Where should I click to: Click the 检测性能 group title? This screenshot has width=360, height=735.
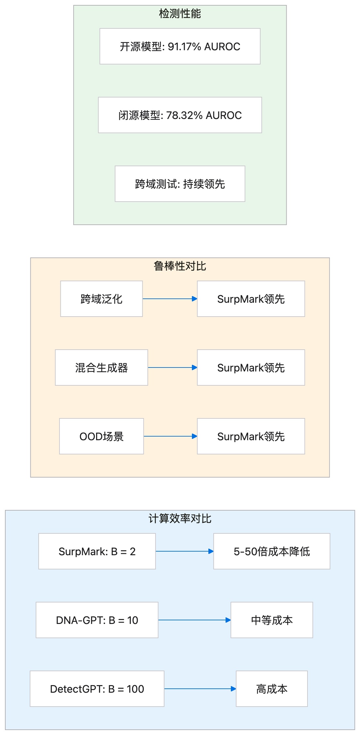tap(180, 14)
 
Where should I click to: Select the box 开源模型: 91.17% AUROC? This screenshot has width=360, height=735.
tap(180, 46)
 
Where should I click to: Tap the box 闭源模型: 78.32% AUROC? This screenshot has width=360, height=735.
tap(180, 115)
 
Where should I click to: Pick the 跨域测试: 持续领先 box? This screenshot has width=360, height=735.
tap(180, 184)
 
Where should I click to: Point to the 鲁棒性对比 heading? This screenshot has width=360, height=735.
tap(180, 266)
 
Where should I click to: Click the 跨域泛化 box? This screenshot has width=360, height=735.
tap(101, 299)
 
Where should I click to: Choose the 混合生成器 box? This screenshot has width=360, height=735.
tap(101, 367)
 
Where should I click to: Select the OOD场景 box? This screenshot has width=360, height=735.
tap(101, 436)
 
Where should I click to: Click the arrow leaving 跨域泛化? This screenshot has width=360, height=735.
tap(170, 299)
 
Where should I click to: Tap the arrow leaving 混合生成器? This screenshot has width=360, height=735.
tap(172, 367)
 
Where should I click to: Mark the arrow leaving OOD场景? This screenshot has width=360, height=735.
tap(170, 436)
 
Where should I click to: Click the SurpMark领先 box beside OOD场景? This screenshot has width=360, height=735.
tap(251, 436)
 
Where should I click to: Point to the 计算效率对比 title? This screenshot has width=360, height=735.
tap(180, 519)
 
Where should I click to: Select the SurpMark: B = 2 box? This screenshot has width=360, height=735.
tap(97, 551)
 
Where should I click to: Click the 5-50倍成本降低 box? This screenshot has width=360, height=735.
tap(272, 551)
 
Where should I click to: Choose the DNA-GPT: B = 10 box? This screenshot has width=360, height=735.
tap(97, 620)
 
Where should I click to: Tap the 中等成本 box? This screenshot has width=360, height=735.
tap(272, 620)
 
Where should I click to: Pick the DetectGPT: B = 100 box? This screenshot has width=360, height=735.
tap(97, 689)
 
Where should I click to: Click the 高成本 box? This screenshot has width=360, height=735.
tap(272, 689)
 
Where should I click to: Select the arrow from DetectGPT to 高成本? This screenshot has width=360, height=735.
tap(200, 689)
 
